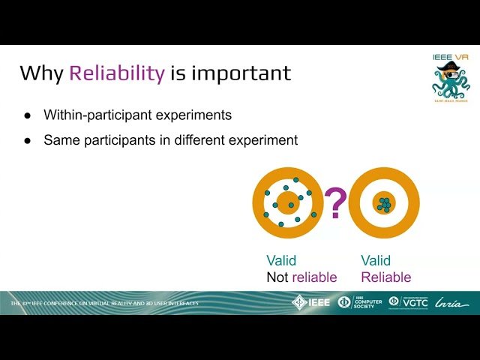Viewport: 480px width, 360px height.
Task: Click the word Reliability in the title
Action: coord(116,73)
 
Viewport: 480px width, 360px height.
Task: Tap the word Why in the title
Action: coord(41,73)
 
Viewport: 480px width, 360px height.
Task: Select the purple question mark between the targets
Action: coord(334,203)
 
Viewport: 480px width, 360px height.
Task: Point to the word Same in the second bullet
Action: coord(60,139)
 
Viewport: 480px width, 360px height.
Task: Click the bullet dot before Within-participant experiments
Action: coord(28,115)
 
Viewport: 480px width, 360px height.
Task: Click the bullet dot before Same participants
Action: coord(28,140)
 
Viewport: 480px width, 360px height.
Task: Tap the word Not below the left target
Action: coord(277,277)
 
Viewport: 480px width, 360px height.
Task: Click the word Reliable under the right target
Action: coord(385,277)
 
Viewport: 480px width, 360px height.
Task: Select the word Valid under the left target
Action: coord(281,261)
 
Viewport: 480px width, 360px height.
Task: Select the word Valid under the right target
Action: coord(376,261)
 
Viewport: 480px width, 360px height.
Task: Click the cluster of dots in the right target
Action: coord(385,202)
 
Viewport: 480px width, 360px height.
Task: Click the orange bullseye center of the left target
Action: coord(287,202)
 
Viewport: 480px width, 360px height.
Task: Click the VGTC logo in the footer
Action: coord(409,302)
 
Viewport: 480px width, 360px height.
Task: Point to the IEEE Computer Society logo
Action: coord(358,302)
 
